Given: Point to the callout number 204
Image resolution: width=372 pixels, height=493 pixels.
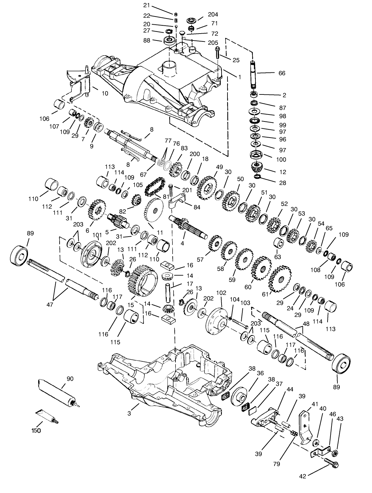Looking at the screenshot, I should pos(213,14).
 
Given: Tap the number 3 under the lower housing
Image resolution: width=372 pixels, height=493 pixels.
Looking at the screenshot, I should pos(129,413).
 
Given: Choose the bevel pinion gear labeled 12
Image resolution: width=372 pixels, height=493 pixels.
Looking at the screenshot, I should pos(256,167).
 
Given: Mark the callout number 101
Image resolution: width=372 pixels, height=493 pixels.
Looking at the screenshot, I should pos(97,235).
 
